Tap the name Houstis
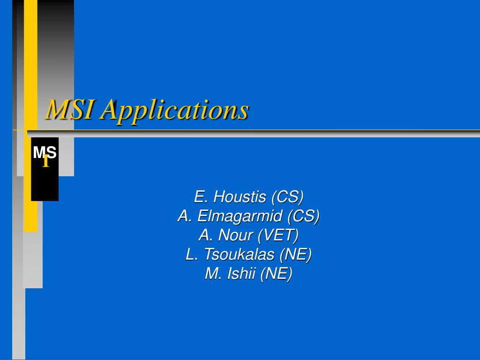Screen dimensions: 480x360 click(x=240, y=196)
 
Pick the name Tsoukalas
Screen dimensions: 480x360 click(x=239, y=255)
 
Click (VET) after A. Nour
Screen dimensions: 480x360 click(x=278, y=235)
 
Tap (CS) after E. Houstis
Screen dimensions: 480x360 click(x=287, y=197)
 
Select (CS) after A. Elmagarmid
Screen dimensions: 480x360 click(x=303, y=216)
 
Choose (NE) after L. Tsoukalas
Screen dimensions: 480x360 click(x=295, y=255)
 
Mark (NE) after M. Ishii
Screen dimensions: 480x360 click(x=276, y=274)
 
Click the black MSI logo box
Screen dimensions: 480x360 click(x=45, y=169)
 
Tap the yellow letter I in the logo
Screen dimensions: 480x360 click(x=45, y=161)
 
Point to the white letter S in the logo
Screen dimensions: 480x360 click(x=52, y=152)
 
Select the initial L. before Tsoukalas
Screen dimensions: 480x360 click(x=191, y=255)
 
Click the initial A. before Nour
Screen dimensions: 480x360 click(x=205, y=235)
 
